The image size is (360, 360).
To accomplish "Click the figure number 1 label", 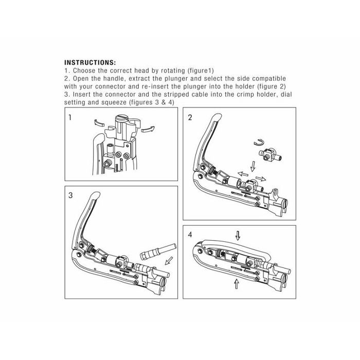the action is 70,118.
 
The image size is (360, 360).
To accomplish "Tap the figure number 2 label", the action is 190,118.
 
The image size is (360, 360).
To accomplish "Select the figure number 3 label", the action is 70,195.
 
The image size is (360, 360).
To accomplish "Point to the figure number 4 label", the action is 190,235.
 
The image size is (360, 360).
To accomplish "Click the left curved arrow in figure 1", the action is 99,123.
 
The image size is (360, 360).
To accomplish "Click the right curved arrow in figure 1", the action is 148,129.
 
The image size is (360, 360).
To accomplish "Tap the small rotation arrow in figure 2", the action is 259,142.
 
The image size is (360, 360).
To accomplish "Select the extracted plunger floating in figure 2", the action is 271,155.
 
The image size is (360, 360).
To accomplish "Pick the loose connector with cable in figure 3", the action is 158,252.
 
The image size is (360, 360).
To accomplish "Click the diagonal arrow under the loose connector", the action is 169,260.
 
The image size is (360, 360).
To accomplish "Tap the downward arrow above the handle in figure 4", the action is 238,236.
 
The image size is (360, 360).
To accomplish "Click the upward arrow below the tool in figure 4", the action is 237,284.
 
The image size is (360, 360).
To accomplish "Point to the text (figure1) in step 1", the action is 201,70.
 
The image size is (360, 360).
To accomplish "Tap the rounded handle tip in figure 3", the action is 96,195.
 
